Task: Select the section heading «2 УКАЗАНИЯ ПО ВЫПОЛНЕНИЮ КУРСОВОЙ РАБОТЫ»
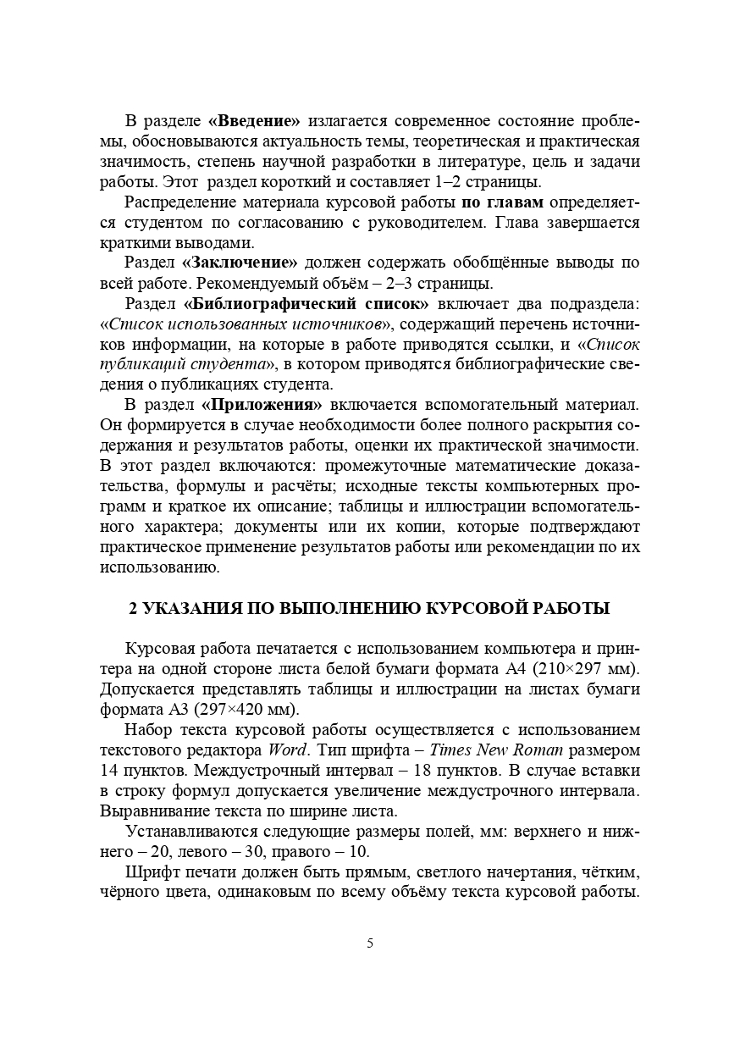pos(369,609)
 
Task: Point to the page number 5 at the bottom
pos(370,944)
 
